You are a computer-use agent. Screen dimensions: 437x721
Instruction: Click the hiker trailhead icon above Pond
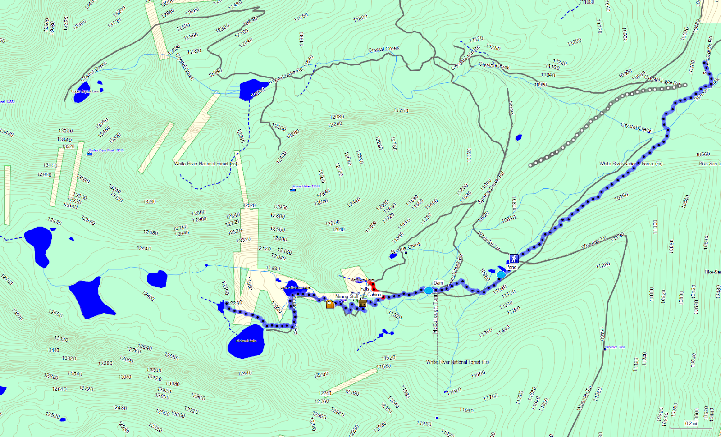514,259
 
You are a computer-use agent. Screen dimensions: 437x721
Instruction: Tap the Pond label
511,267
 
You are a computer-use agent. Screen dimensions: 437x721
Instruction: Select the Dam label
438,283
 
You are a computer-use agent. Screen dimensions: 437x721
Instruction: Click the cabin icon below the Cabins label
363,302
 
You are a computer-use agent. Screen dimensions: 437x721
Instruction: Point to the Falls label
365,289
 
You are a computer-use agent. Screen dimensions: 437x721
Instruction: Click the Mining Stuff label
347,296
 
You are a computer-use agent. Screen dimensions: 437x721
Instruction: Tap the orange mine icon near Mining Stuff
330,304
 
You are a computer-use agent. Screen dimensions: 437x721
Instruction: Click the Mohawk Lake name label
246,341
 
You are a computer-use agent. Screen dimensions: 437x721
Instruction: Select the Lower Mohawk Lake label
295,288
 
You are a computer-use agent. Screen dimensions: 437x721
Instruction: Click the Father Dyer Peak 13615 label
106,150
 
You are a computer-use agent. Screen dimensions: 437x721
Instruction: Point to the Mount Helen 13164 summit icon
292,190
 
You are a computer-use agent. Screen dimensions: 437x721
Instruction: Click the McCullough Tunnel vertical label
435,311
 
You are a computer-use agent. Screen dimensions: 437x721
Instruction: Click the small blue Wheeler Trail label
615,347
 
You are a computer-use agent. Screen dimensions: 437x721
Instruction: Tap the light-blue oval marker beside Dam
429,291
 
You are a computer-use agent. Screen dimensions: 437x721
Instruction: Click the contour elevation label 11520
388,358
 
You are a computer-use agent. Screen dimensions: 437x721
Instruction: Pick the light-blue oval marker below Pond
501,274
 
